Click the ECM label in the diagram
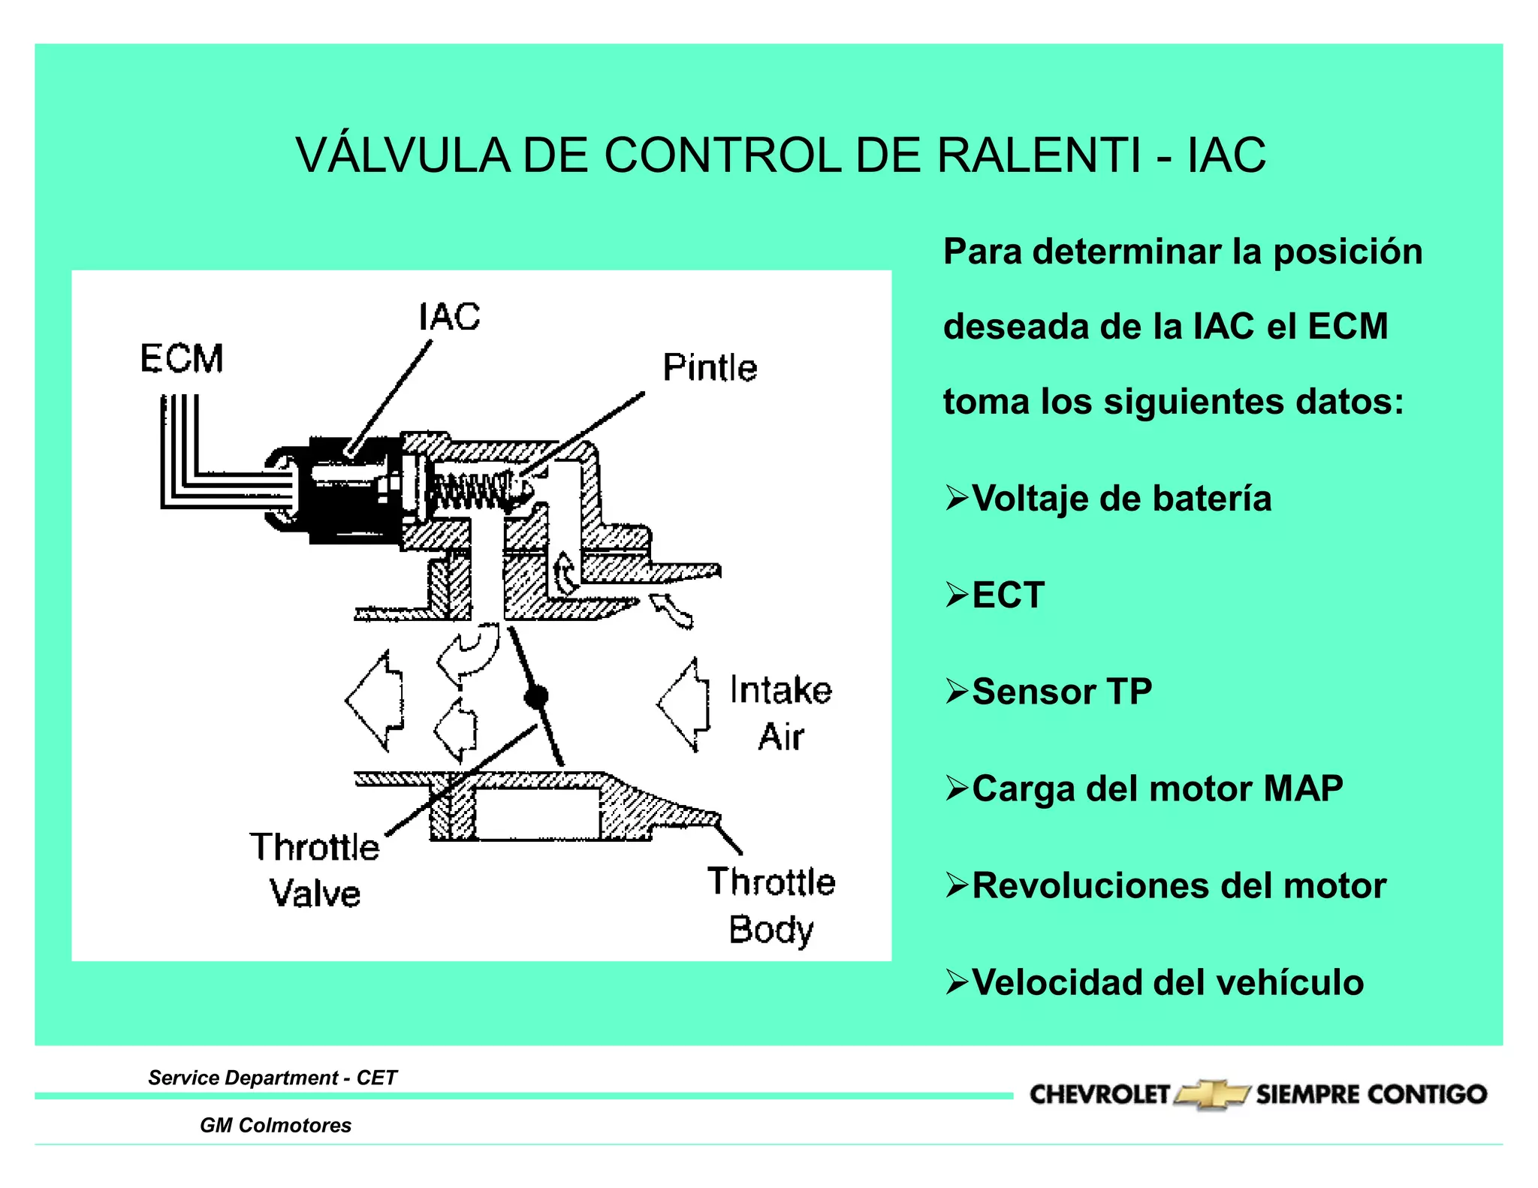[182, 358]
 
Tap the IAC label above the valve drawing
[449, 317]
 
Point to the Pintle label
[710, 368]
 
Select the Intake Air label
[781, 713]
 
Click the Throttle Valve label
[315, 870]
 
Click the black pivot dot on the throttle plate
[535, 698]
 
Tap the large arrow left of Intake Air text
[683, 704]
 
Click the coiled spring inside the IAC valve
[469, 491]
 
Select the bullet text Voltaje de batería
[1121, 499]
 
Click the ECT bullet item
[1008, 596]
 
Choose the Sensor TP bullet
[1061, 692]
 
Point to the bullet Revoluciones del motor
[1178, 885]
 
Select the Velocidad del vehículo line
[1168, 982]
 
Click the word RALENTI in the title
[1039, 155]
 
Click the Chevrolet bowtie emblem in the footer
[1211, 1094]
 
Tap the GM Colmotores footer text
[276, 1125]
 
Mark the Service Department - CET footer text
[273, 1078]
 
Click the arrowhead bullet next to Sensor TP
[956, 691]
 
